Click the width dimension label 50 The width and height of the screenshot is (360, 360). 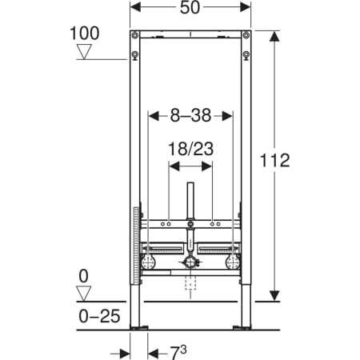(190, 7)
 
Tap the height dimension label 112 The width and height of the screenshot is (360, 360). (274, 160)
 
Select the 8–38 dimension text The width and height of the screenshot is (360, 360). (190, 115)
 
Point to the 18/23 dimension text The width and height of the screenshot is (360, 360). (190, 149)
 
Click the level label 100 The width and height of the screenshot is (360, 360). (84, 34)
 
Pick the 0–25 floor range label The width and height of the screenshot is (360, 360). (99, 316)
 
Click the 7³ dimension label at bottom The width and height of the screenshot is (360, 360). (178, 353)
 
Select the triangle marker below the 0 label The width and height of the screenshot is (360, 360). (84, 294)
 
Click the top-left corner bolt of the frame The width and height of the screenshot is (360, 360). (135, 35)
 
